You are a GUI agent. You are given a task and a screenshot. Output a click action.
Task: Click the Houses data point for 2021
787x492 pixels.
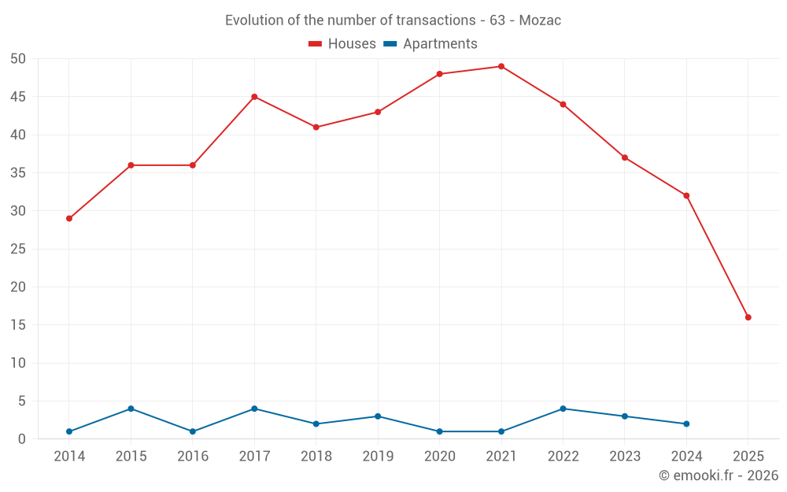(501, 66)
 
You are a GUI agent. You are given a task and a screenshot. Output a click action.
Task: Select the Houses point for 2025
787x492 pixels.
(748, 317)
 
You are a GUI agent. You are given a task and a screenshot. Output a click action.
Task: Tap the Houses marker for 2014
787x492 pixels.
(69, 218)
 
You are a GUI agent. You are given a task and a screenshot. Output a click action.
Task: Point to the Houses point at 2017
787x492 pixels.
(254, 97)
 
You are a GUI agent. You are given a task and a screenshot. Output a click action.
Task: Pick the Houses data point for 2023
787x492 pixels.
(625, 157)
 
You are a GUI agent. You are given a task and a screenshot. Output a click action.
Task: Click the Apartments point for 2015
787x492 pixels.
(131, 409)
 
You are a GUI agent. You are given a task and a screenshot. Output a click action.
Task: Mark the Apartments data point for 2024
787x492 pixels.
(686, 424)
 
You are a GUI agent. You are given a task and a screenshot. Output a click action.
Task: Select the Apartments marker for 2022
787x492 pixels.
(563, 409)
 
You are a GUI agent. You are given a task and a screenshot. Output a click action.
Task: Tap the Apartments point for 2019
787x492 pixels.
(378, 416)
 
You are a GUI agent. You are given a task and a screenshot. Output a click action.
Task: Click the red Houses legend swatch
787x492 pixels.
(316, 44)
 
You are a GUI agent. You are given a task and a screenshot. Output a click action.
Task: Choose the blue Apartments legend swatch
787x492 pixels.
(390, 44)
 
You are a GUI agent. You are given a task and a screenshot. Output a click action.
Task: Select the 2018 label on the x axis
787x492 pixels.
(316, 456)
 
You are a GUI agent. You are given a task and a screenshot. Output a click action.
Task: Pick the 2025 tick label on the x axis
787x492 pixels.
(748, 456)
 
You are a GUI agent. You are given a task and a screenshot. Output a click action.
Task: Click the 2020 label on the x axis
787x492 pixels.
(439, 456)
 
